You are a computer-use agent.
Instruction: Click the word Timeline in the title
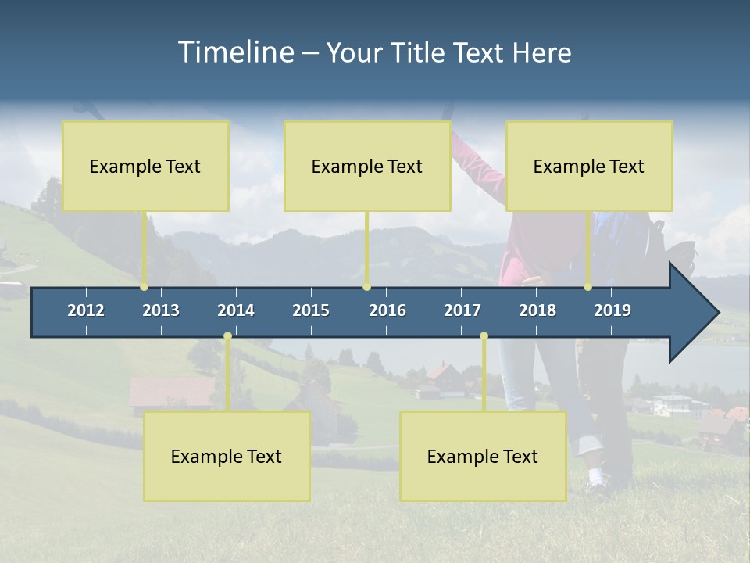(x=235, y=52)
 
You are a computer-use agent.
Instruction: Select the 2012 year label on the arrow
(x=86, y=310)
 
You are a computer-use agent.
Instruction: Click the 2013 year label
(x=161, y=310)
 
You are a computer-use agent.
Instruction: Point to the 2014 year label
(x=236, y=310)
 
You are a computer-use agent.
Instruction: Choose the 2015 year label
(x=311, y=310)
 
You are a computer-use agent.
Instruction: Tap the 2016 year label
(x=387, y=310)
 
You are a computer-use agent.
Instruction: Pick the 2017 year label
(x=462, y=310)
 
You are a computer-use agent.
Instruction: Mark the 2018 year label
(x=537, y=310)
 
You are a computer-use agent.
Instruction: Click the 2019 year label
(x=612, y=310)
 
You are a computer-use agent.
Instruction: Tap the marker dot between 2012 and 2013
(x=145, y=287)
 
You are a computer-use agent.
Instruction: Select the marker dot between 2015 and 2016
(x=366, y=287)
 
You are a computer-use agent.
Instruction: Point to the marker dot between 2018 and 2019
(x=588, y=287)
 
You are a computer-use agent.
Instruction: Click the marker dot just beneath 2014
(x=227, y=336)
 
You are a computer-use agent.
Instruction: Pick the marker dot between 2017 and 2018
(x=484, y=336)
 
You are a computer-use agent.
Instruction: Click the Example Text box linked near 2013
(x=145, y=166)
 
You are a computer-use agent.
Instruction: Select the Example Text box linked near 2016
(x=367, y=166)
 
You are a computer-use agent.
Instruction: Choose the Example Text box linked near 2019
(x=589, y=166)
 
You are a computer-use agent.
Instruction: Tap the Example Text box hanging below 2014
(x=227, y=456)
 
